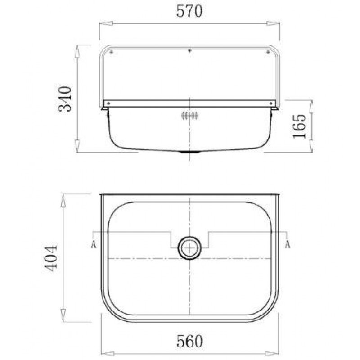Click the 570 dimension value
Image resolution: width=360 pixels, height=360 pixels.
189,11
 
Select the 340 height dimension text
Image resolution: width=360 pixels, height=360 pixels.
65,99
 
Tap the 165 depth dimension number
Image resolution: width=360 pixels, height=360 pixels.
299,126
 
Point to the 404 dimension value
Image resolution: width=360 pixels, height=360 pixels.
50,259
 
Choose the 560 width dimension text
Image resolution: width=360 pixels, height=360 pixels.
189,342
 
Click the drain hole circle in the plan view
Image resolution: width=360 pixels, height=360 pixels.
189,248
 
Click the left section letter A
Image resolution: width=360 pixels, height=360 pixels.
94,244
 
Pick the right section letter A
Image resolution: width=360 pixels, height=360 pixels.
288,244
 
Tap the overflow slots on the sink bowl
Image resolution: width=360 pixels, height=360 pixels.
189,116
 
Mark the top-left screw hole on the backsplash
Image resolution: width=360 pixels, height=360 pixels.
111,52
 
